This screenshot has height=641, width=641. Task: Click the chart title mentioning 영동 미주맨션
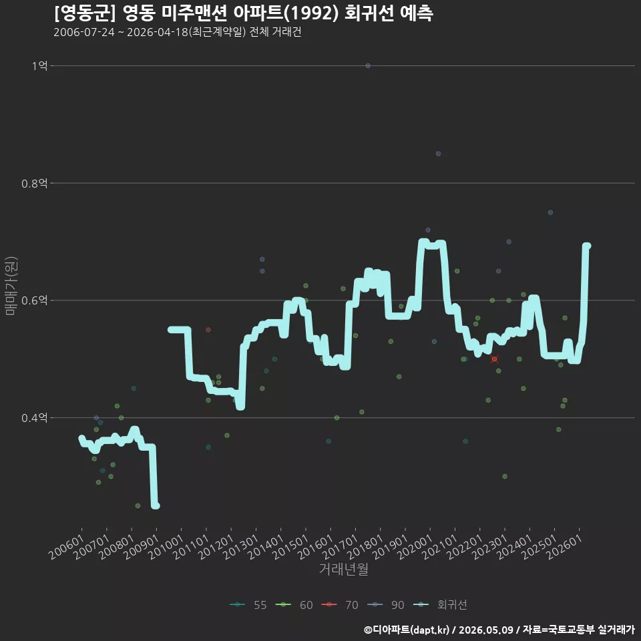point(243,13)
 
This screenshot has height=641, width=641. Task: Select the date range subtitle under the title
point(178,32)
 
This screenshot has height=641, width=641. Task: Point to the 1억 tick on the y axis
point(40,65)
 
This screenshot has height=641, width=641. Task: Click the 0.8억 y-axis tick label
point(35,183)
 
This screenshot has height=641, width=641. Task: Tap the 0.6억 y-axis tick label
point(35,300)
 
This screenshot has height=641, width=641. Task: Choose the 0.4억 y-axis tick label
point(35,418)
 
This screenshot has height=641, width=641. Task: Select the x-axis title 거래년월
point(343,569)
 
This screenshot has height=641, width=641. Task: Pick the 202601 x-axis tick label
point(565,547)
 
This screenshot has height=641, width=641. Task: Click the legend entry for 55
point(248,605)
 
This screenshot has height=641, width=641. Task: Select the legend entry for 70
point(340,605)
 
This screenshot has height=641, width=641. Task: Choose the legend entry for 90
point(385,605)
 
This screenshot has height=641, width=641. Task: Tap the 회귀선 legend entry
point(440,605)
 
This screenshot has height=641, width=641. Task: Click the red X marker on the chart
point(494,359)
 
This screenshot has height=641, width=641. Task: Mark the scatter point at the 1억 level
point(368,65)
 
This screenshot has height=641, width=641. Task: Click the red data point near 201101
point(208,329)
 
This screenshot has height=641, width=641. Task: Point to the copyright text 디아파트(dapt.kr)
point(407,630)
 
